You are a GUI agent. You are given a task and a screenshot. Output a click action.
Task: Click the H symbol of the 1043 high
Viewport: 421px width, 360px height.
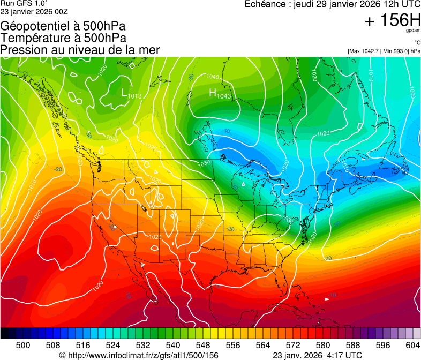[212, 93]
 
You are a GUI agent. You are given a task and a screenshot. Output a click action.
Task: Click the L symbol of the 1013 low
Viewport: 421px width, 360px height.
[124, 93]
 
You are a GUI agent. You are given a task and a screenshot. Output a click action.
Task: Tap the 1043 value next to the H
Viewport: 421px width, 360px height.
[224, 96]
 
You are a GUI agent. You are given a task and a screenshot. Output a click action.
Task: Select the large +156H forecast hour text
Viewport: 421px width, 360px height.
[392, 21]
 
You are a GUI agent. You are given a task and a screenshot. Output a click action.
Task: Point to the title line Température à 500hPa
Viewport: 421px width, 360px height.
[63, 37]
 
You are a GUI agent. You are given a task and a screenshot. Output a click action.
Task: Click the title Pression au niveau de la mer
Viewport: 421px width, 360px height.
[80, 49]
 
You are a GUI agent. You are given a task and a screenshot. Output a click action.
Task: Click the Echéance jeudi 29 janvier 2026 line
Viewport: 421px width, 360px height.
[332, 4]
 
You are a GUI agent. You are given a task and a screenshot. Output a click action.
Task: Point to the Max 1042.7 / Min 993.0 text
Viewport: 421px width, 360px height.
[384, 51]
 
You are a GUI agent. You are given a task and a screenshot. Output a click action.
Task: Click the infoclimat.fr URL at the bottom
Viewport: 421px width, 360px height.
[138, 355]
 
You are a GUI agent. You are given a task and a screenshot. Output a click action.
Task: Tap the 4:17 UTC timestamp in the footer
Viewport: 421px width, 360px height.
[343, 355]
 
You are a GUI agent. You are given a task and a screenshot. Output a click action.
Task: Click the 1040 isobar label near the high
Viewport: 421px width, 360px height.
[212, 77]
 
